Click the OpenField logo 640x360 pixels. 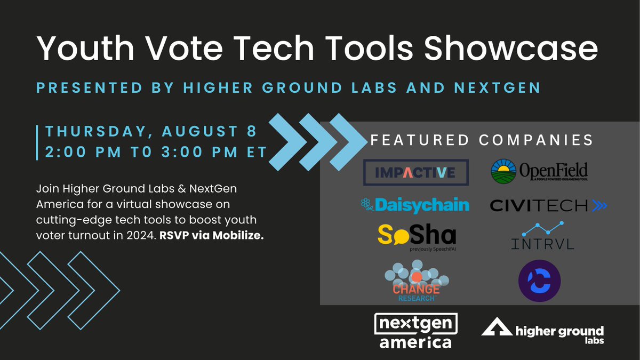coord(539,171)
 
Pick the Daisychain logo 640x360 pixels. coord(407,204)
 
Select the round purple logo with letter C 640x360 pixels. coord(539,279)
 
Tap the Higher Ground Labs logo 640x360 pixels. coord(542,331)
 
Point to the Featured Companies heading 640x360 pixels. coord(482,140)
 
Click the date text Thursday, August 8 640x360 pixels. coord(151,131)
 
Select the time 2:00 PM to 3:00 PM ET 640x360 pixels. coord(155,151)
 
